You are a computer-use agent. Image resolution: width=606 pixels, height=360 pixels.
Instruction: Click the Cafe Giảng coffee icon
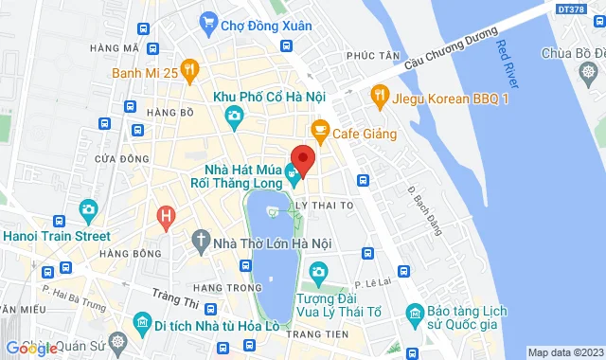tap(319, 130)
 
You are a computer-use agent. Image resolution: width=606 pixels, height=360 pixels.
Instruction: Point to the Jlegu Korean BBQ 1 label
tap(452, 94)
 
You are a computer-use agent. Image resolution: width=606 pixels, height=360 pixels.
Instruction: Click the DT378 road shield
tap(570, 8)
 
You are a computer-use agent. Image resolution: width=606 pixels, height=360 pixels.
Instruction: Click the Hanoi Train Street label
tap(55, 235)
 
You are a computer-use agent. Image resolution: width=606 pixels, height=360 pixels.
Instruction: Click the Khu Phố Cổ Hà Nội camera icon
tap(234, 117)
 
